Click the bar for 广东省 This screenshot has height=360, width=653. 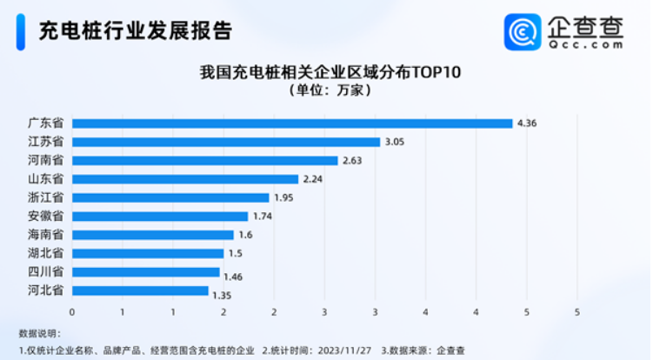(292, 123)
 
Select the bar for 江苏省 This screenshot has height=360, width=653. (226, 142)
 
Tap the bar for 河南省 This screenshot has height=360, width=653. (204, 161)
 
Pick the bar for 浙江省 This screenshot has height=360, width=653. (170, 197)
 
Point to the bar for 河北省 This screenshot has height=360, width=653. (140, 290)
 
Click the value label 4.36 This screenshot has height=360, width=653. (527, 123)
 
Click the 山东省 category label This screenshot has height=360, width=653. (45, 179)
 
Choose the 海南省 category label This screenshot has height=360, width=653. (45, 235)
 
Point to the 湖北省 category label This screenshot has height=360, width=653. (45, 253)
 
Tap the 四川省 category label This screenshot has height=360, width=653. (45, 272)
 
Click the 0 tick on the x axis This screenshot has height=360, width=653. (72, 311)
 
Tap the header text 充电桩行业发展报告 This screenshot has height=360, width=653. (136, 31)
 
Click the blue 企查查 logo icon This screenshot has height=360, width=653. (523, 31)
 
